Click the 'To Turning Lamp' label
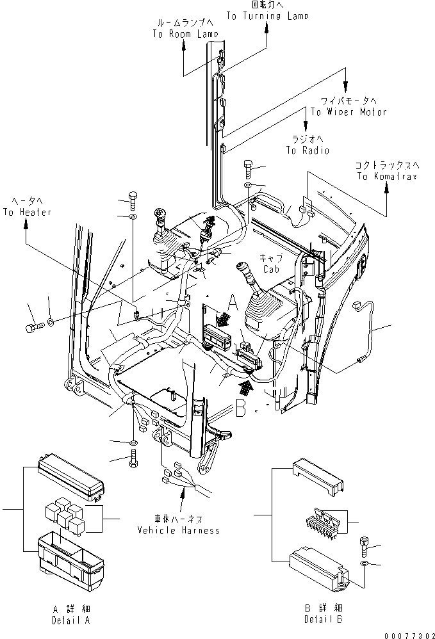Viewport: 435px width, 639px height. pyautogui.click(x=267, y=16)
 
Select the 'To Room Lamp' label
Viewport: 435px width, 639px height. pyautogui.click(x=185, y=34)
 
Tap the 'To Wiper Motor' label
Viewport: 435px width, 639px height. pyautogui.click(x=349, y=112)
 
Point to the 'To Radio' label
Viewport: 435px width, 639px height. pyautogui.click(x=308, y=150)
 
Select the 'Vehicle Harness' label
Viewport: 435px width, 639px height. pyautogui.click(x=178, y=530)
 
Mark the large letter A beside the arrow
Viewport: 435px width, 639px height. pyautogui.click(x=233, y=300)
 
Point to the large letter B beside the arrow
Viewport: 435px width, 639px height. pyautogui.click(x=241, y=408)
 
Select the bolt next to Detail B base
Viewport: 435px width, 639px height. pyautogui.click(x=365, y=544)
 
